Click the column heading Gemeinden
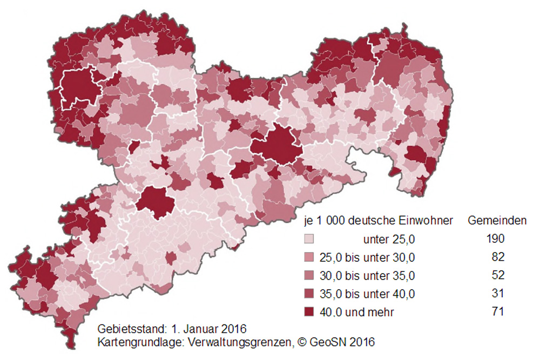[x=497, y=221]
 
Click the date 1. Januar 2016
[x=208, y=329]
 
